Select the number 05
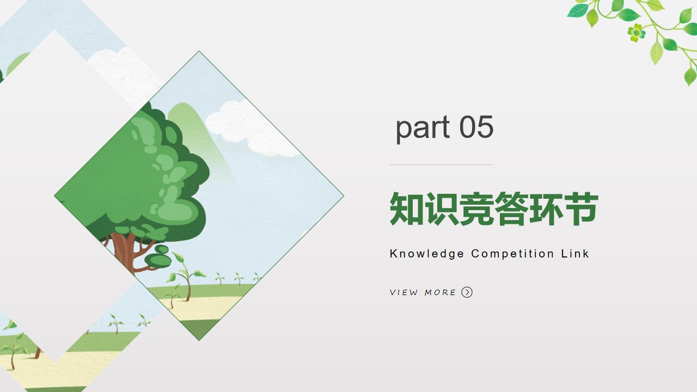[476, 127]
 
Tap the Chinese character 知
[406, 209]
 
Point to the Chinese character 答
[511, 209]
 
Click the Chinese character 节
[580, 209]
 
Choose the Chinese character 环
[546, 209]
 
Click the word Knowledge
[426, 254]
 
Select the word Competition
[512, 254]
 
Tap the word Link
[575, 253]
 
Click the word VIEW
[404, 292]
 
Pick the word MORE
[440, 292]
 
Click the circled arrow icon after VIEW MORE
[467, 292]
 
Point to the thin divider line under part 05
[441, 164]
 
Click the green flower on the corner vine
[637, 32]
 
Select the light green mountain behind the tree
[199, 137]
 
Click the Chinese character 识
[441, 209]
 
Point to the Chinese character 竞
[476, 209]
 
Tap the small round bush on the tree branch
[158, 260]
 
